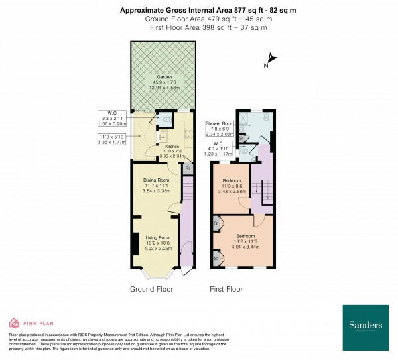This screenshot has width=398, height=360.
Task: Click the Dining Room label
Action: point(157,185)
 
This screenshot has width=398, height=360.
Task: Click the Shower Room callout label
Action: point(220,129)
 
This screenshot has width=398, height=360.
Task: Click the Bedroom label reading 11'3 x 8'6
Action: point(232,186)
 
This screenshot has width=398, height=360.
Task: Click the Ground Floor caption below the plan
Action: point(151,289)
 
